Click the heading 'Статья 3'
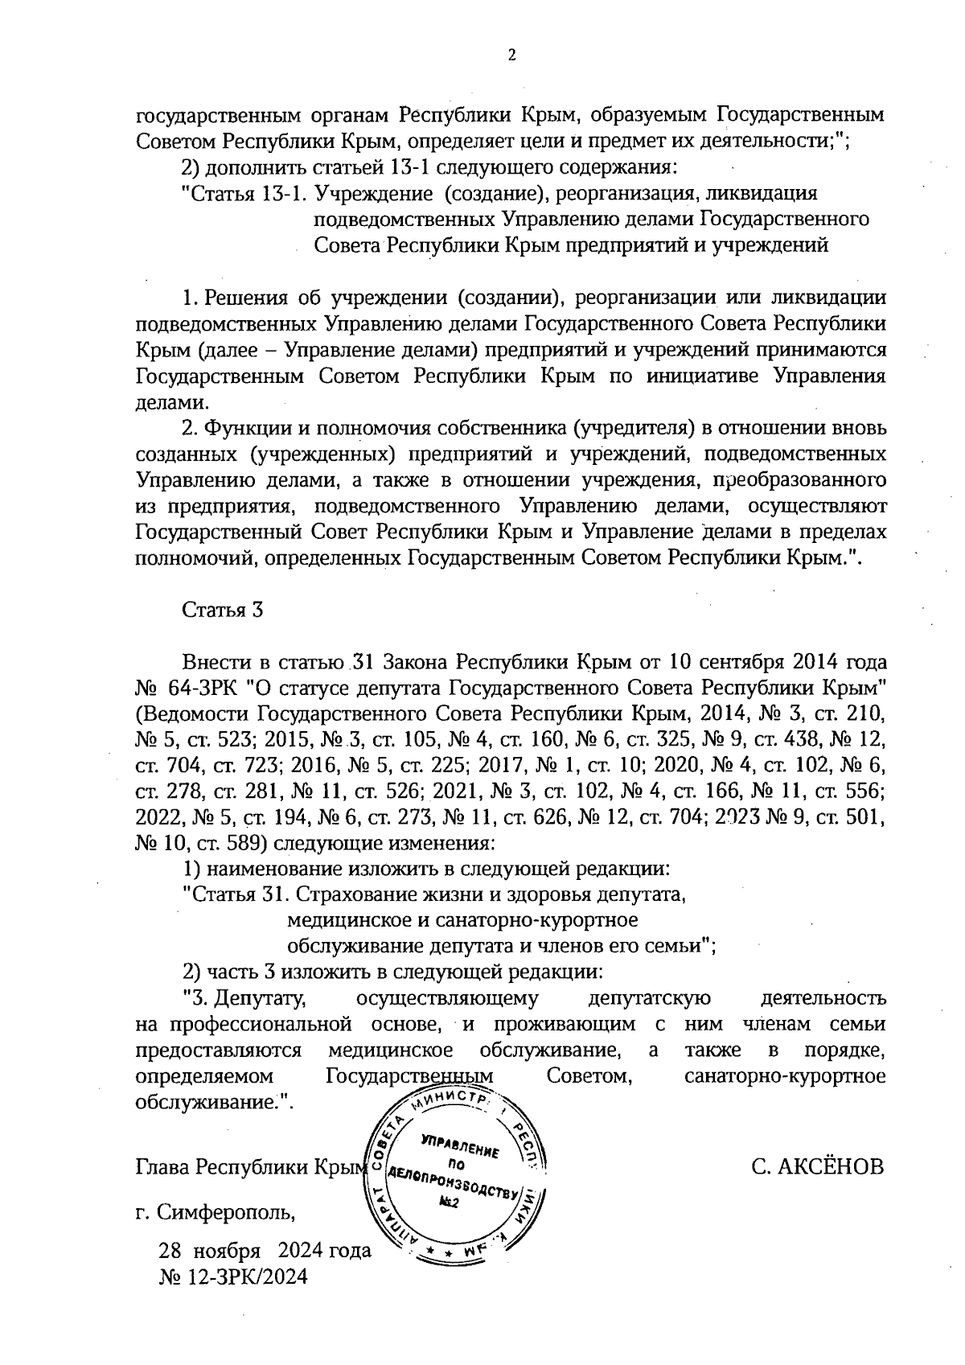point(223,609)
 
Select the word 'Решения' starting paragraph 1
point(240,298)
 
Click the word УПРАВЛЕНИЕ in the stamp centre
point(459,1146)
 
